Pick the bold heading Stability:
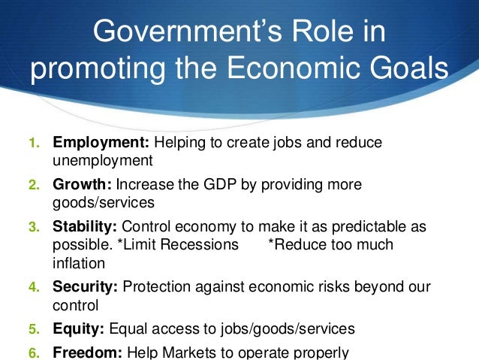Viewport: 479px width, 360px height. point(84,225)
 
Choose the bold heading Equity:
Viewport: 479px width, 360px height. point(79,328)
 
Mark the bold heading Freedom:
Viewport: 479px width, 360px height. point(88,351)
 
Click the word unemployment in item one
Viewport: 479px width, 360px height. point(103,159)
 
